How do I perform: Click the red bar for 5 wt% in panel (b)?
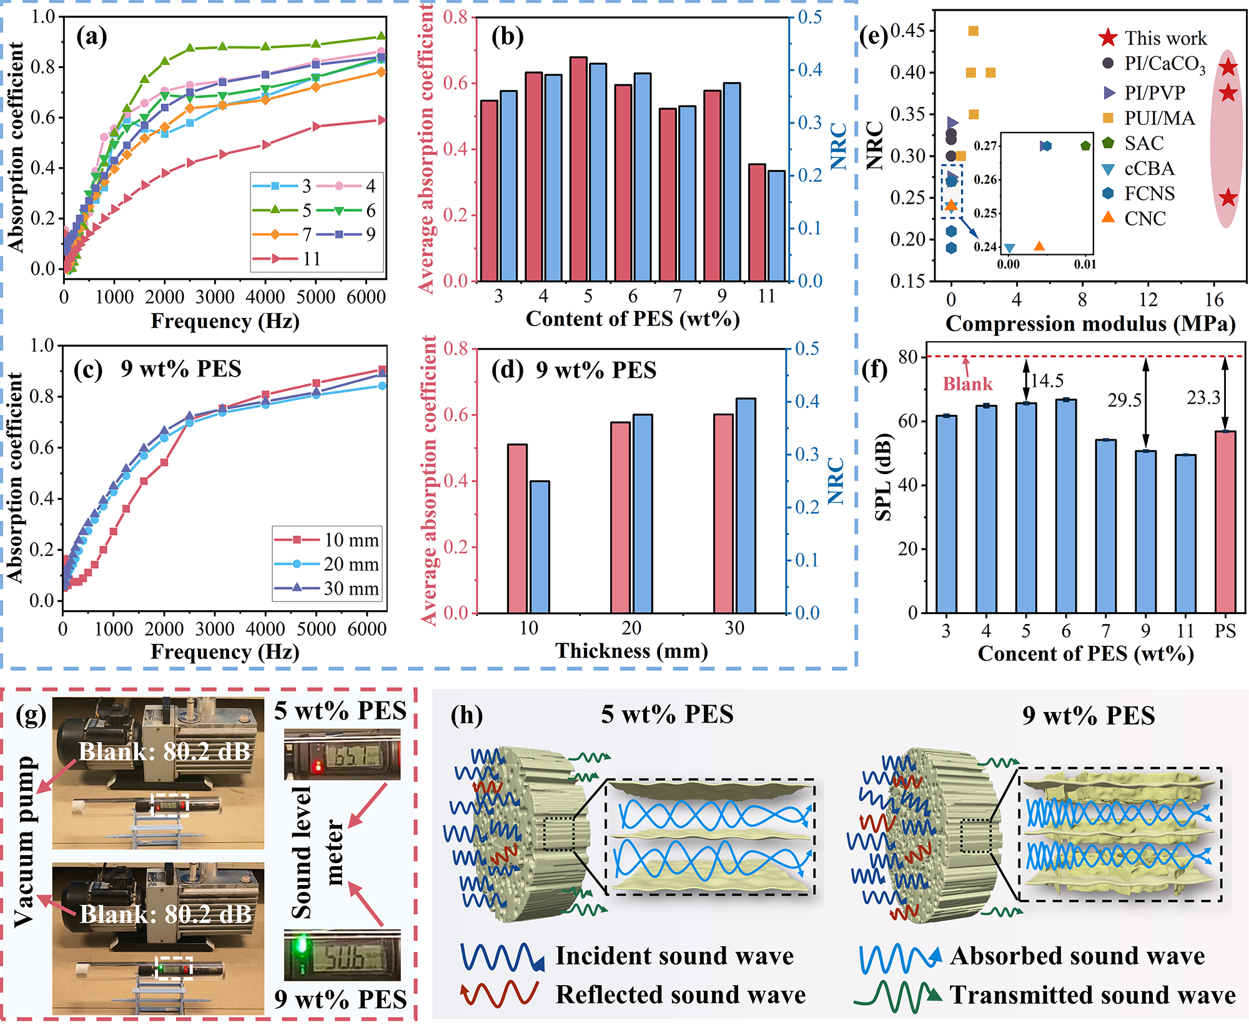pos(578,169)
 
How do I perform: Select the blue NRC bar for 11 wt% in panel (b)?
pos(777,226)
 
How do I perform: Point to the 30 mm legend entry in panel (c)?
pos(327,588)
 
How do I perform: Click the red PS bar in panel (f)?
pos(1225,522)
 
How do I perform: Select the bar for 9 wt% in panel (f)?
pos(1145,532)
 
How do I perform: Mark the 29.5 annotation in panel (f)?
pos(1124,400)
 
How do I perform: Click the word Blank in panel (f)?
pos(967,384)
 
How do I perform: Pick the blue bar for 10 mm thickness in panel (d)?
pos(540,547)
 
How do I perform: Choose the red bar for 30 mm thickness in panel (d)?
pos(724,513)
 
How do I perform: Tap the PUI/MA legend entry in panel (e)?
pos(1148,118)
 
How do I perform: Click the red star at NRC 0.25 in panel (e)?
pos(1228,198)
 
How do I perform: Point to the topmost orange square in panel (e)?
pos(973,31)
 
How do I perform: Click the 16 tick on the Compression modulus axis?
pos(1214,300)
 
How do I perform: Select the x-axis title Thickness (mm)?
pos(631,651)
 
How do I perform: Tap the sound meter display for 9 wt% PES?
pos(342,955)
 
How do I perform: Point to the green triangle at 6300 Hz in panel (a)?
pos(382,37)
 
